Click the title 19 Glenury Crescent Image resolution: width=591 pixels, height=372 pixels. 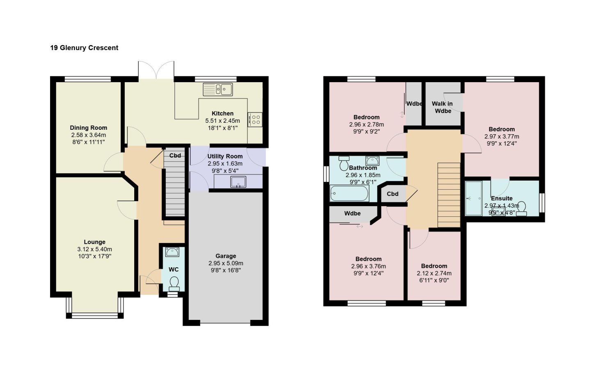click(84, 48)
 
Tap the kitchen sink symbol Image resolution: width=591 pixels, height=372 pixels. click(218, 89)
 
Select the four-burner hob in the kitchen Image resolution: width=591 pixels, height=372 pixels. click(255, 119)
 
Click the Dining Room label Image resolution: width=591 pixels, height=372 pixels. click(88, 128)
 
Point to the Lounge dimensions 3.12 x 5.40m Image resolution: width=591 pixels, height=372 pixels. click(94, 249)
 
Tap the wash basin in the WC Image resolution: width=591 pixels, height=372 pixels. click(172, 252)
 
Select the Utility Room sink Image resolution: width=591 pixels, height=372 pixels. click(238, 181)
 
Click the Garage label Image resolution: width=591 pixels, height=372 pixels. click(226, 256)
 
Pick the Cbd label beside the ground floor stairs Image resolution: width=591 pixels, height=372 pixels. click(175, 156)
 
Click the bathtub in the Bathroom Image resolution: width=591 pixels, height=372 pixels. click(349, 193)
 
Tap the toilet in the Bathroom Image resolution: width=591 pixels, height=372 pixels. click(344, 163)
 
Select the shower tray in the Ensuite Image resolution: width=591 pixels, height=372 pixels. click(474, 198)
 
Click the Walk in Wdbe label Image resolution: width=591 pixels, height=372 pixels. click(442, 107)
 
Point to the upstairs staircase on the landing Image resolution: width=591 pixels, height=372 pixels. click(449, 195)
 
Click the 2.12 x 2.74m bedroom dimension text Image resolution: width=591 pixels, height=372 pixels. click(434, 273)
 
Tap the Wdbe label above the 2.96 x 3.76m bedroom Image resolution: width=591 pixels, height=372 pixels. click(352, 214)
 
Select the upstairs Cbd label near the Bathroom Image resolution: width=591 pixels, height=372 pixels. click(393, 194)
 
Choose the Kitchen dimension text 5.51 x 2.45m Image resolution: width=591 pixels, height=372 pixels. click(223, 121)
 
